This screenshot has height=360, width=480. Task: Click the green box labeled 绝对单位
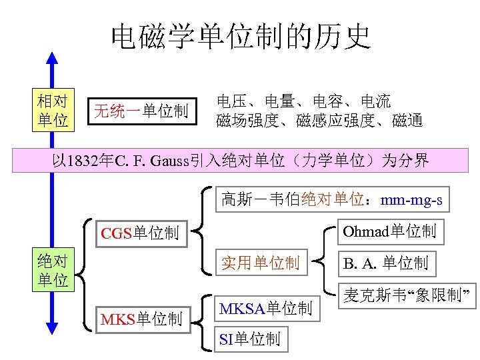(x=53, y=270)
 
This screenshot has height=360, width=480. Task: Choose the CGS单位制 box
(x=139, y=233)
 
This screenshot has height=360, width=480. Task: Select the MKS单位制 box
(x=141, y=319)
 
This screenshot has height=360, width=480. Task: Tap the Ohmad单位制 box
(x=389, y=231)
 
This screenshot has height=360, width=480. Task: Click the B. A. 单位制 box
(x=385, y=263)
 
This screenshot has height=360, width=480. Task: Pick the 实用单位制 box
(x=261, y=263)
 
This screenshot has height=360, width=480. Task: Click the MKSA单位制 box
(x=265, y=309)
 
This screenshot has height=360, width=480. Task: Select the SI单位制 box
(x=249, y=339)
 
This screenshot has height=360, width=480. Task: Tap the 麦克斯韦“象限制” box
(x=407, y=295)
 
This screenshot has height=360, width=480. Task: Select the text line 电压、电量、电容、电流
(x=303, y=102)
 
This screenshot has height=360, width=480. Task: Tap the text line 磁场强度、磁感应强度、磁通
(x=319, y=121)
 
